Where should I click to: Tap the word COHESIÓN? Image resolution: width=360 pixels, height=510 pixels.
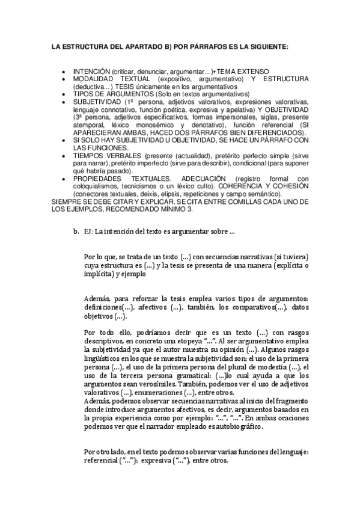(289, 186)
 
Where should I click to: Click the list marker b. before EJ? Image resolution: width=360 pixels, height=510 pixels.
(75, 231)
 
